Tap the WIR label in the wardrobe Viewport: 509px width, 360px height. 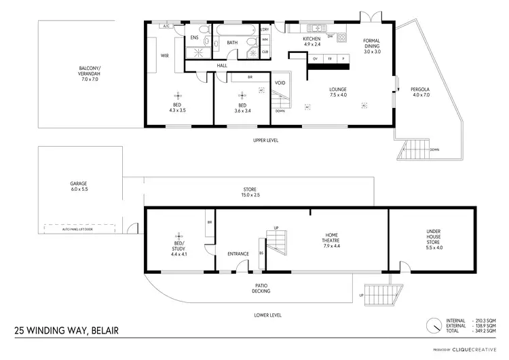point(164,56)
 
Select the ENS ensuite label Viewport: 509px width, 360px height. point(194,37)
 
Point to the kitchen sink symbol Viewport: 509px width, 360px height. point(315,29)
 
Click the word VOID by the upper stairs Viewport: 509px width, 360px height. point(280,83)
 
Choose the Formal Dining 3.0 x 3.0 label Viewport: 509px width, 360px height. point(372,46)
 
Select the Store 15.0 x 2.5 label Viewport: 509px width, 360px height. point(250,192)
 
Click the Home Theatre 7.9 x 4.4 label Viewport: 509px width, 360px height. point(333,241)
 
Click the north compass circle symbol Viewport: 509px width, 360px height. point(433,326)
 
